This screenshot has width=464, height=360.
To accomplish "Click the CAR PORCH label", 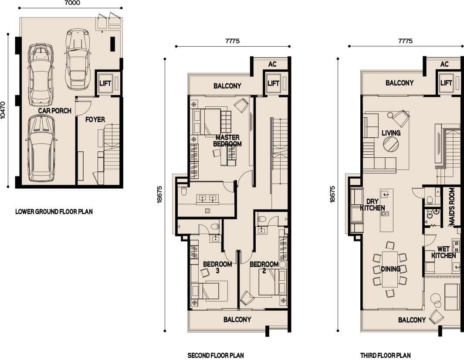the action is [55, 111].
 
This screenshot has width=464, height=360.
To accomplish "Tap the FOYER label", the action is [95, 119].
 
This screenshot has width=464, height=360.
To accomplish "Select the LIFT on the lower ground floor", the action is [105, 83].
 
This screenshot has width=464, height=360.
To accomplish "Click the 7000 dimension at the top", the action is [71, 3].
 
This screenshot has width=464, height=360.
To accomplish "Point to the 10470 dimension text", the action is [3, 110].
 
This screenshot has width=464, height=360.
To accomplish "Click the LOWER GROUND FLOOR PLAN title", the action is [54, 212].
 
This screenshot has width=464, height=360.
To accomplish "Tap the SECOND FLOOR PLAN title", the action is [216, 355].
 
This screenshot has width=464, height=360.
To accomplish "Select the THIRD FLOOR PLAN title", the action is [385, 355].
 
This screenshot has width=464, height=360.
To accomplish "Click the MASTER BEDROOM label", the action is [227, 141].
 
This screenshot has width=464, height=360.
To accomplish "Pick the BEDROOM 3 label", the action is [217, 267].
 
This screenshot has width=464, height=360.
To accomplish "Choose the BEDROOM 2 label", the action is [264, 267].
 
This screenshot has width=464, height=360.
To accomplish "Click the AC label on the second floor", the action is [272, 64].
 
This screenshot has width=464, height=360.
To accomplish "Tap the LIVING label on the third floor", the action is [391, 133].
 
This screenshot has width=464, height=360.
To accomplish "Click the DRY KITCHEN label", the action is [373, 204].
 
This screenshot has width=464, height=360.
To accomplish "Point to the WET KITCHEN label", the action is [443, 252].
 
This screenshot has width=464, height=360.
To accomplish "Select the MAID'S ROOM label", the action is [451, 207].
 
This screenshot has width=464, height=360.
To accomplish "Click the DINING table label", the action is [391, 269].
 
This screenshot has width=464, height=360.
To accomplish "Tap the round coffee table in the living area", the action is [391, 145].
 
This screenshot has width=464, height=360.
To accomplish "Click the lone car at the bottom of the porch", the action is [41, 148].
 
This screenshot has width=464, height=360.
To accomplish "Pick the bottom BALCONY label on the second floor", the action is [237, 319].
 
